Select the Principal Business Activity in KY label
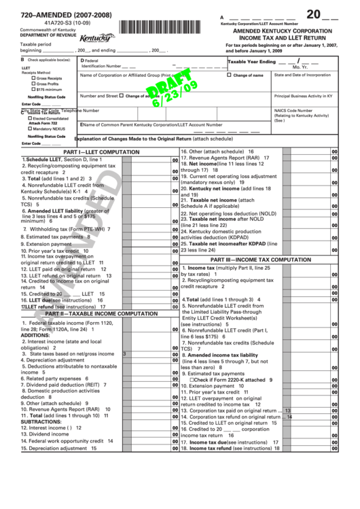tap(310, 96)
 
